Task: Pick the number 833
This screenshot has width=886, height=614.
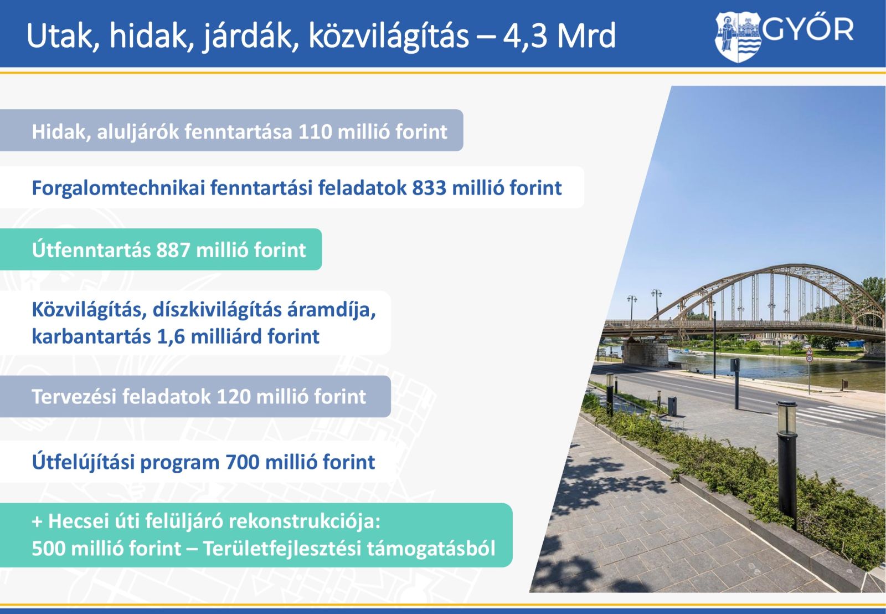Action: (429, 188)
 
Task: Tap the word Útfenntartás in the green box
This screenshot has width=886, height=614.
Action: (91, 250)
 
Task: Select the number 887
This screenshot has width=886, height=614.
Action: (173, 250)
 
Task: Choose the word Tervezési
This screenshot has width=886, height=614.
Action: (74, 397)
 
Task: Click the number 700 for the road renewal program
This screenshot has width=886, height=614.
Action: (243, 462)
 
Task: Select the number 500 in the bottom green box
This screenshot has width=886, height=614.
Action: (49, 549)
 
